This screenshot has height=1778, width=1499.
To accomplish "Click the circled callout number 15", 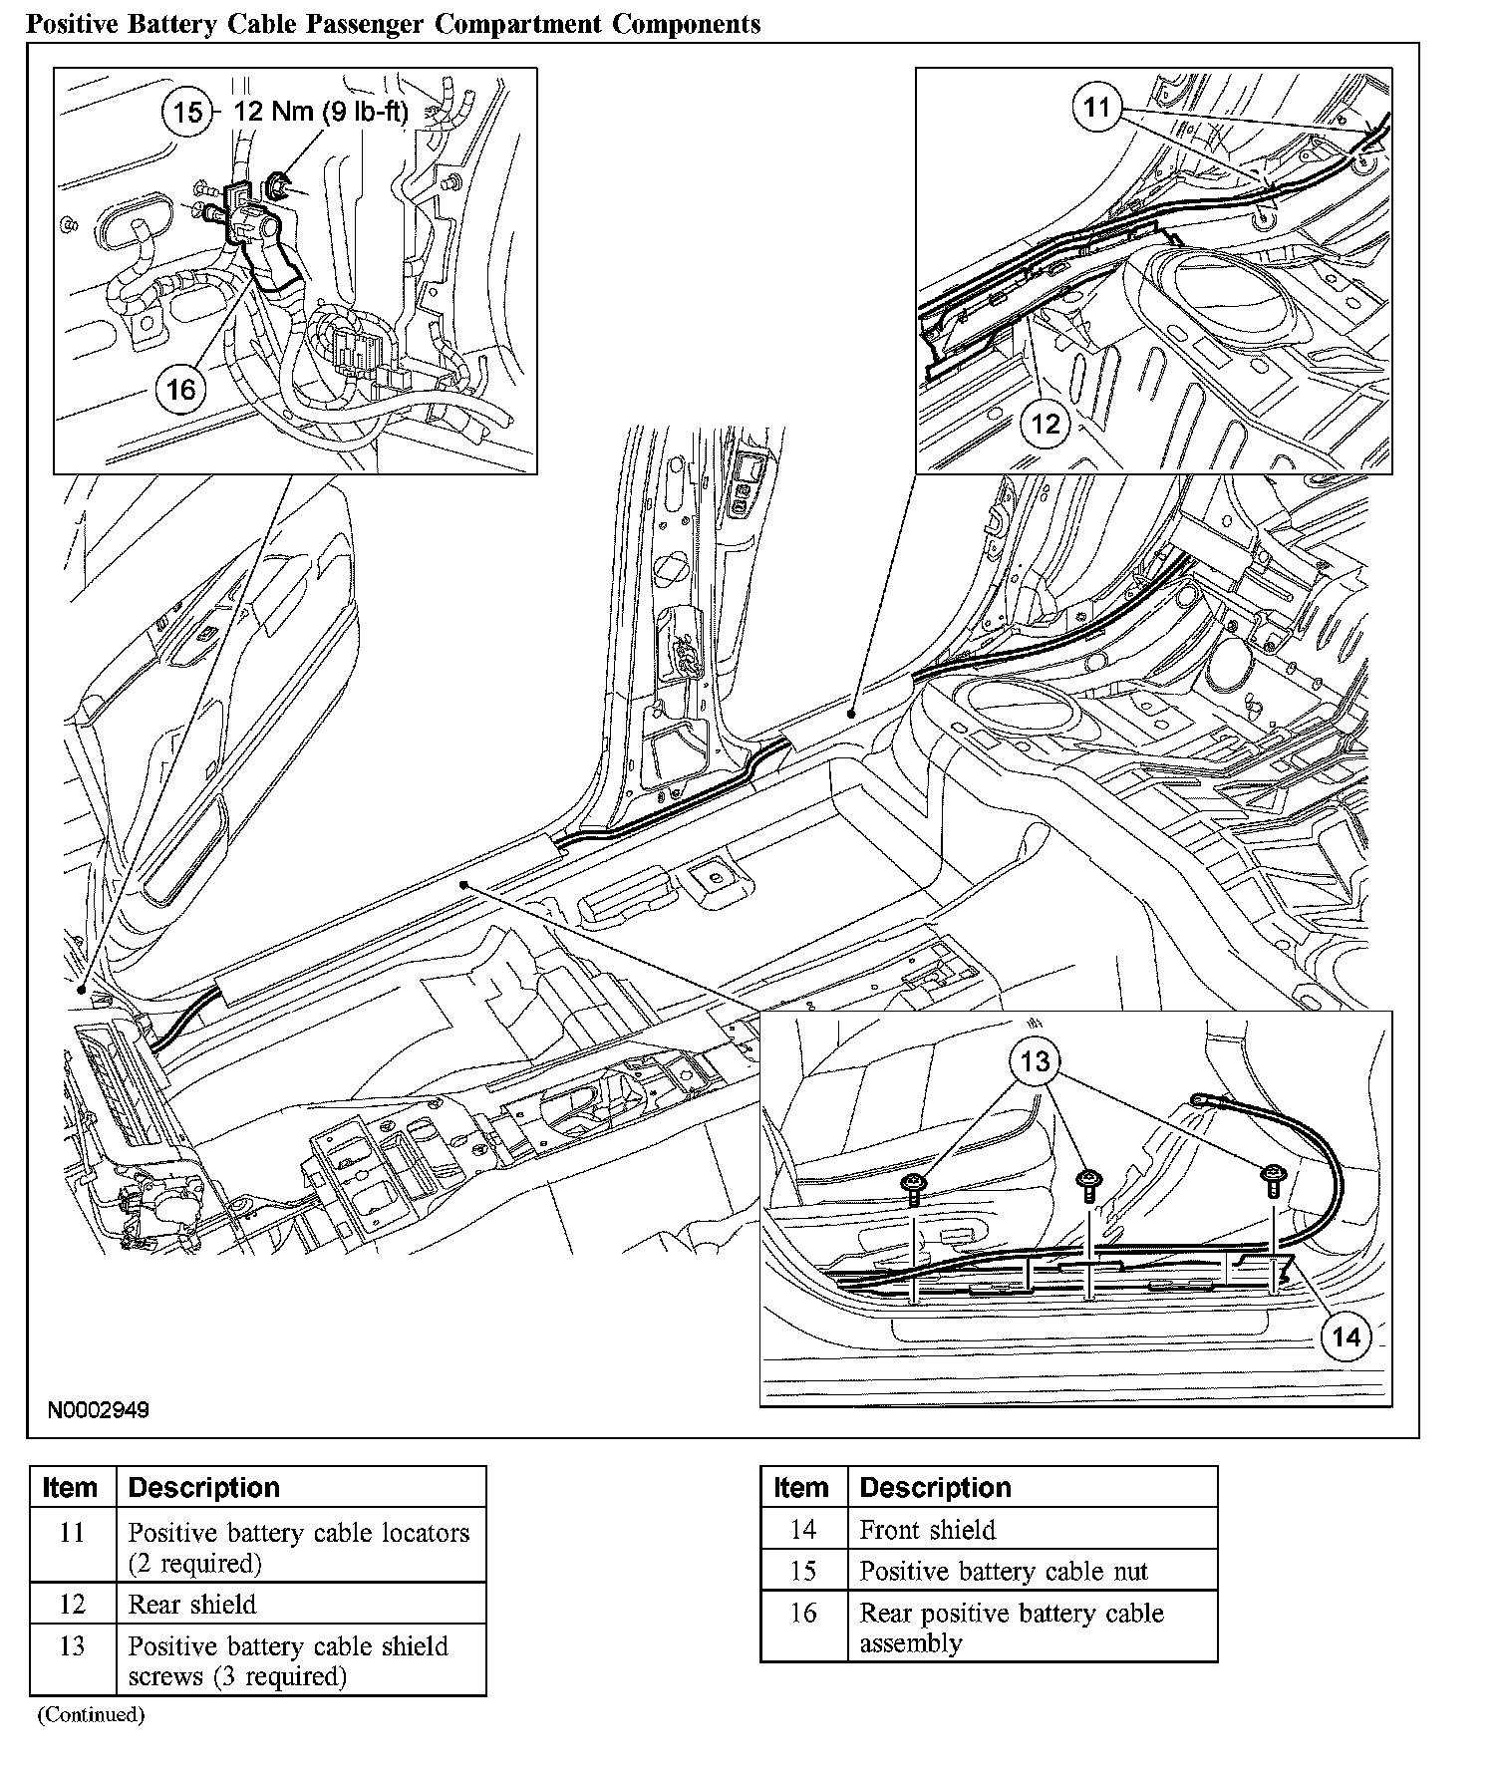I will (187, 112).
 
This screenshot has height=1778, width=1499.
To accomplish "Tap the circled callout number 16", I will (181, 388).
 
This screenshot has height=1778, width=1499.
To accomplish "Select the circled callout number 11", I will (1096, 107).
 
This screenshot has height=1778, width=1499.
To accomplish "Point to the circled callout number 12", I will (1045, 424).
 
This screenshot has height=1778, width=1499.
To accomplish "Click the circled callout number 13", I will (1036, 1061).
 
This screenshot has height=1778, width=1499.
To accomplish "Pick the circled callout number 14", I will (1346, 1336).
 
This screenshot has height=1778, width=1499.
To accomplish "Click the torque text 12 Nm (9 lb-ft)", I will (321, 111).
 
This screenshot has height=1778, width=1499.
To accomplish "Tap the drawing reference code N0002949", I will (99, 1410).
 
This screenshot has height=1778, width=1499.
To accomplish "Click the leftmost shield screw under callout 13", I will (914, 1186).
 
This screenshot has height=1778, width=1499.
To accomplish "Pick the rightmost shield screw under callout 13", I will (1273, 1179).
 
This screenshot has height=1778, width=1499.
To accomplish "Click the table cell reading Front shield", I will (928, 1529).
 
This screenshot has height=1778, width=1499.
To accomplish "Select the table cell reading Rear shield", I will (192, 1604).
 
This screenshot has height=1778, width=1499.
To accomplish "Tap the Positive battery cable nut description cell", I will (1004, 1571).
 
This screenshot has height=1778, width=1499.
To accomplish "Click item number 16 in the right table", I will (803, 1613).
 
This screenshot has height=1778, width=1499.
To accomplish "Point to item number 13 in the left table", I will (72, 1645).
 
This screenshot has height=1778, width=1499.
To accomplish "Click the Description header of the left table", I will (204, 1487).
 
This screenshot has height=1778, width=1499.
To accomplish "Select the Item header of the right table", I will (801, 1487).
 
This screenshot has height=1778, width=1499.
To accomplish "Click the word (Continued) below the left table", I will (92, 1714).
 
